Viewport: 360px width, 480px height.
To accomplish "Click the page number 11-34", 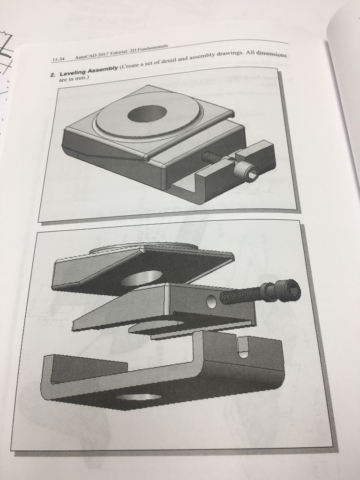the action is click(58, 59).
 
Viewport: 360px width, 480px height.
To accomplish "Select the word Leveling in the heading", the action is click(73, 73).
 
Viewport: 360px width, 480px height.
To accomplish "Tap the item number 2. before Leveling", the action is click(53, 75).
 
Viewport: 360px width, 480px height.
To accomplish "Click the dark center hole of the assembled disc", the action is click(147, 113).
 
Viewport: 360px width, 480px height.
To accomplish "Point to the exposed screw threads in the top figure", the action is click(211, 157).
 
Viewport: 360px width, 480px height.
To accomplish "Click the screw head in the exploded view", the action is click(282, 289).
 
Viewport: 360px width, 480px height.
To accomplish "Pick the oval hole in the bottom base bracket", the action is click(139, 397).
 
